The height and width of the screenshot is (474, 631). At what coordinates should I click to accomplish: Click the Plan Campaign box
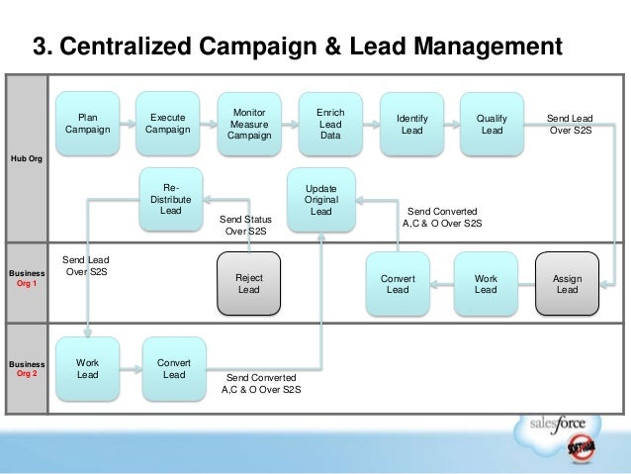[88, 123]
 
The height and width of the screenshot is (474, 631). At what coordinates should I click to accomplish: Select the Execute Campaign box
[168, 123]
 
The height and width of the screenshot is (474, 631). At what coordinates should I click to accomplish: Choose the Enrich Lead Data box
[330, 124]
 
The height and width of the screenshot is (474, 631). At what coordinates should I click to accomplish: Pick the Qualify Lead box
[492, 124]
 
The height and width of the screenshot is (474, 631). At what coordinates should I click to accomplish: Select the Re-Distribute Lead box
[170, 197]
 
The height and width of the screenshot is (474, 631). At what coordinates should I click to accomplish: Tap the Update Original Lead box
[321, 199]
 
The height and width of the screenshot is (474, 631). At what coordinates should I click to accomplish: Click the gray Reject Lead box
[248, 283]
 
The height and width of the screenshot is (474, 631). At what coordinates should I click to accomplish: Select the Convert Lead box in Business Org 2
[174, 368]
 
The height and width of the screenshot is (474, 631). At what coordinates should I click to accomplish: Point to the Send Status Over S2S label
[244, 225]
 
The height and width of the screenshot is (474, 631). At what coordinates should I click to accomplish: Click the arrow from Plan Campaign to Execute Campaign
[129, 124]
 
